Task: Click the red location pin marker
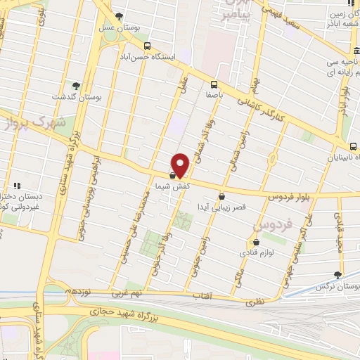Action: [x=181, y=165]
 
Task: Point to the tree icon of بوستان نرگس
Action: [x=338, y=276]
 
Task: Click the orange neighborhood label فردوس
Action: [x=266, y=225]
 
